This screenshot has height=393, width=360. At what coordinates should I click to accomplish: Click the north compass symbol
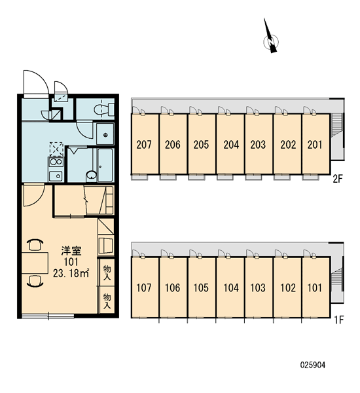[270, 37]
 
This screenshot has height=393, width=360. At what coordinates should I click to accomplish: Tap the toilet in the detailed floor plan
[104, 109]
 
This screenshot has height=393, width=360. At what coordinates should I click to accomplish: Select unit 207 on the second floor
[145, 143]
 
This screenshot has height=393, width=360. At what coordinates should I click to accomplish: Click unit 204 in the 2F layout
[230, 143]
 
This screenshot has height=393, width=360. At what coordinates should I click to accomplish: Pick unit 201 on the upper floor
[315, 143]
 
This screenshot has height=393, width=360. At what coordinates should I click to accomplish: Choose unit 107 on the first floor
[145, 288]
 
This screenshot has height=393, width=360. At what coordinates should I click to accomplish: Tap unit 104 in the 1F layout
[230, 288]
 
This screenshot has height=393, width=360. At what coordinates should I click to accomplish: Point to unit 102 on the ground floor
[287, 288]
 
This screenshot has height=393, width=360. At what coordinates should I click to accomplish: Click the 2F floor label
[337, 179]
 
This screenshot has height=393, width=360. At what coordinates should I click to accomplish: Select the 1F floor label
[338, 320]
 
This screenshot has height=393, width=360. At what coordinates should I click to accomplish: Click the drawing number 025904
[313, 365]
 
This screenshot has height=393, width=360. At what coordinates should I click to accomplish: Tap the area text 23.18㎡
[71, 273]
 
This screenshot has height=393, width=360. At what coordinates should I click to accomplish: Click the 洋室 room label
[71, 251]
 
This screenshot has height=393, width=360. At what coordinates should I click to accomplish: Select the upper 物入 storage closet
[107, 272]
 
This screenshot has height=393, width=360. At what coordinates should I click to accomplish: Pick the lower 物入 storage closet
[107, 300]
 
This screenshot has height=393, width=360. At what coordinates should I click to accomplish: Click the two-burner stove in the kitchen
[56, 162]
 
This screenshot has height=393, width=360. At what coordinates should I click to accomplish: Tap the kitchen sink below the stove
[56, 176]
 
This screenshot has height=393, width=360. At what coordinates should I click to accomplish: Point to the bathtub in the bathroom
[105, 165]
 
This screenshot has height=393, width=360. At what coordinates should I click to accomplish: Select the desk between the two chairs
[35, 263]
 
